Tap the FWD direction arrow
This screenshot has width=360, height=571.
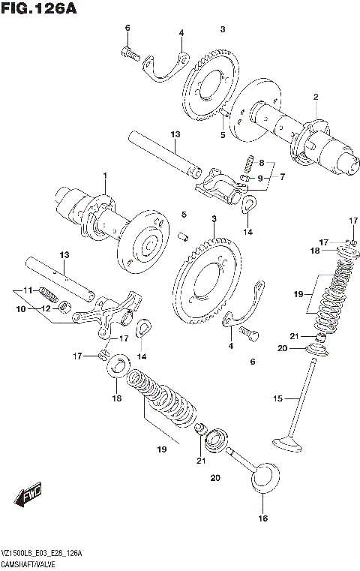(x=28, y=496)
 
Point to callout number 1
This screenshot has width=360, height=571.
(x=105, y=176)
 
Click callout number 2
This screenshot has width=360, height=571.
(x=316, y=96)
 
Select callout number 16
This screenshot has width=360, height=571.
(x=262, y=518)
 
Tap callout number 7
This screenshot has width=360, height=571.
(x=282, y=178)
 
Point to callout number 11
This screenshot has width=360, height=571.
(x=25, y=290)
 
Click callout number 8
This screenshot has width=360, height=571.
(x=261, y=163)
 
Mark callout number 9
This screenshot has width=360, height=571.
(x=261, y=178)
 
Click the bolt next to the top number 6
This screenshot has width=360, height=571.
(x=130, y=53)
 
